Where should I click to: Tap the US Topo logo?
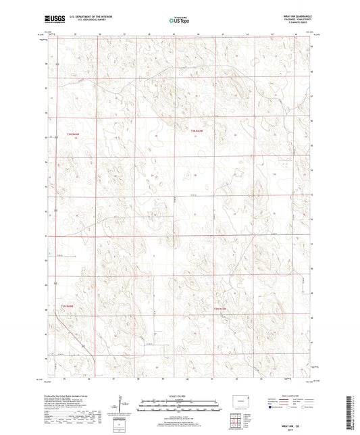pos(178,21)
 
